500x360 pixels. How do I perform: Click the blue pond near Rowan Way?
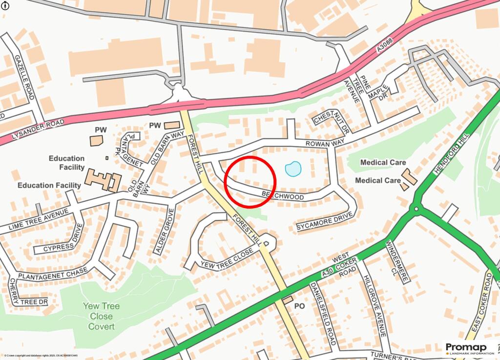pyautogui.click(x=293, y=169)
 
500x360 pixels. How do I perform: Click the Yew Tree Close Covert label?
pyautogui.click(x=101, y=316)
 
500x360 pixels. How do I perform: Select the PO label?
pyautogui.click(x=299, y=306)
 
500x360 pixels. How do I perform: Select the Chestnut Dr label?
pyautogui.click(x=332, y=122)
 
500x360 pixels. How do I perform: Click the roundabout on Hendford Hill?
pyautogui.click(x=416, y=209)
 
